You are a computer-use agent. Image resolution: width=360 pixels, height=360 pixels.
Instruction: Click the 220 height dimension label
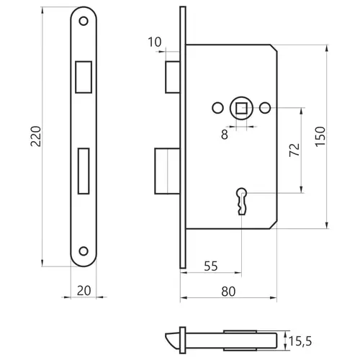click(x=36, y=136)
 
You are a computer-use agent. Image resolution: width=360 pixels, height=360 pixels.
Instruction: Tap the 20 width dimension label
click(x=84, y=291)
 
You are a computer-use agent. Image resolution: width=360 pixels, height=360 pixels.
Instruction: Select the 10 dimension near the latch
click(x=155, y=42)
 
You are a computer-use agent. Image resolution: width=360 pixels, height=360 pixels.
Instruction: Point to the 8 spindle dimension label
click(x=225, y=135)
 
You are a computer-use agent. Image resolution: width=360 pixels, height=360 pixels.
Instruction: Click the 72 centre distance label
click(x=294, y=150)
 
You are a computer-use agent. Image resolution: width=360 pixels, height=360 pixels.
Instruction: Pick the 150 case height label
click(x=320, y=137)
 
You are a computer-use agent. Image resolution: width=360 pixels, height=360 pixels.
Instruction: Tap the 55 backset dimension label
click(x=211, y=266)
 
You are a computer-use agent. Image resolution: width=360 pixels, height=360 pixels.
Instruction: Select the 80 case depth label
click(x=228, y=292)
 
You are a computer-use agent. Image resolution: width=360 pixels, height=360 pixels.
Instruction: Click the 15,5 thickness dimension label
click(x=300, y=341)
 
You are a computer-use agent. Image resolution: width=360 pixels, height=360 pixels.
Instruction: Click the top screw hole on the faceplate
click(x=84, y=21)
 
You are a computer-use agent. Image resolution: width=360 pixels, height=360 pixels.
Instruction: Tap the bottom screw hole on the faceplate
click(x=84, y=251)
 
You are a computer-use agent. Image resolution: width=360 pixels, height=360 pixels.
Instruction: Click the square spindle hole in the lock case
click(x=241, y=108)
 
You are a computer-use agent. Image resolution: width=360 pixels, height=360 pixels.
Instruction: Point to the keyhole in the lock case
click(x=242, y=201)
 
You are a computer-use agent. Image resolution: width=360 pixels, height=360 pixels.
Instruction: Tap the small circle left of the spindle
click(x=218, y=108)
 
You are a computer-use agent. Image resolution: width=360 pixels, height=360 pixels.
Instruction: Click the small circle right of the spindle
click(x=265, y=108)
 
